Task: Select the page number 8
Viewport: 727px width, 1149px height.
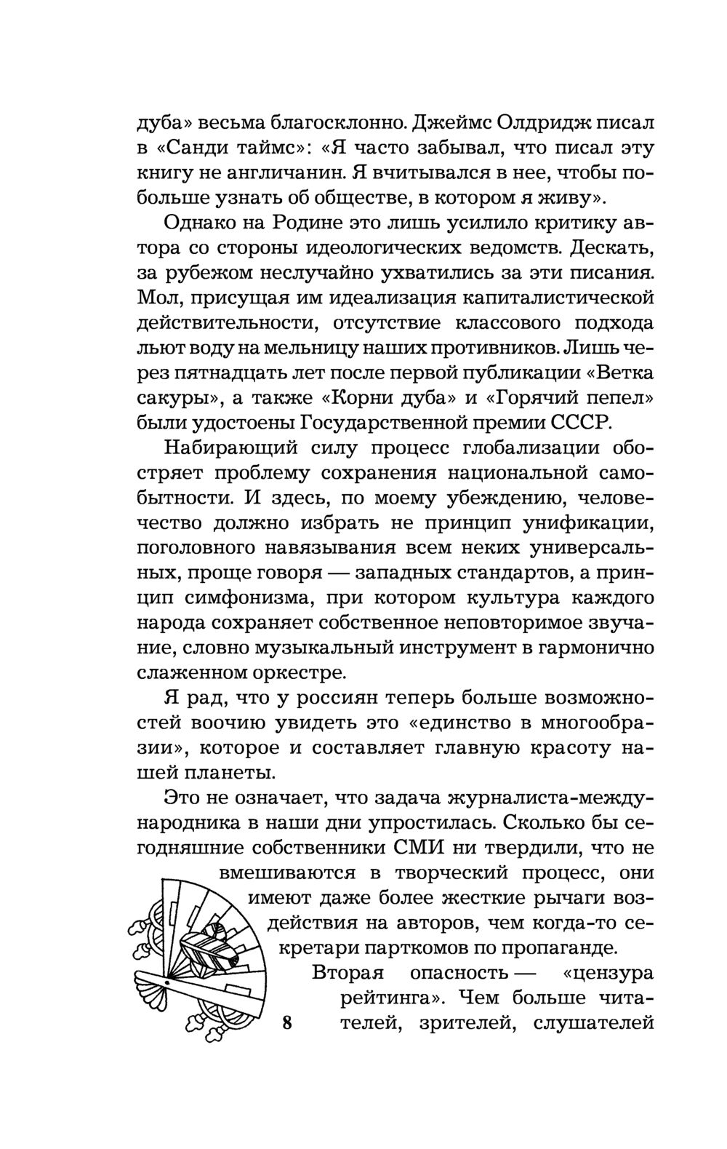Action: (x=286, y=1023)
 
